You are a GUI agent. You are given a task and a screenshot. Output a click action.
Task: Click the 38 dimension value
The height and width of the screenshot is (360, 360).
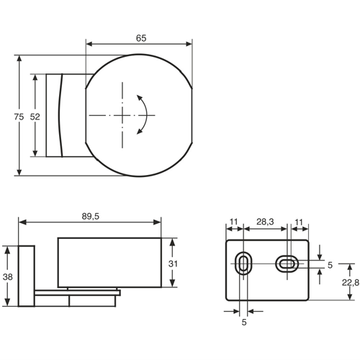[x=7, y=277]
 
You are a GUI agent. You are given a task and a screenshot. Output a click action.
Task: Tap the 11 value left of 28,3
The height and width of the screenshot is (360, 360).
[x=234, y=223]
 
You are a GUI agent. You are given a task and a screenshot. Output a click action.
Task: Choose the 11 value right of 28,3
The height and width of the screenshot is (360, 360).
[x=298, y=223]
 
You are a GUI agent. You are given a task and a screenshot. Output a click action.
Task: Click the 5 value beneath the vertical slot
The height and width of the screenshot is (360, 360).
[x=244, y=323]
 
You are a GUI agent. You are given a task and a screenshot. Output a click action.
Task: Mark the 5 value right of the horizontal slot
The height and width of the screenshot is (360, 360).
[x=330, y=265]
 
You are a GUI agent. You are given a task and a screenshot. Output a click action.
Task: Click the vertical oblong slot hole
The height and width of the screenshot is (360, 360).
[x=245, y=264]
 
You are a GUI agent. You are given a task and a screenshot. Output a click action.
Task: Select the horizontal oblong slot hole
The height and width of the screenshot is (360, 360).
[x=287, y=264]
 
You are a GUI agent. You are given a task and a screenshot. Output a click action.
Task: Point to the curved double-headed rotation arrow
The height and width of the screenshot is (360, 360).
[x=145, y=115]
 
